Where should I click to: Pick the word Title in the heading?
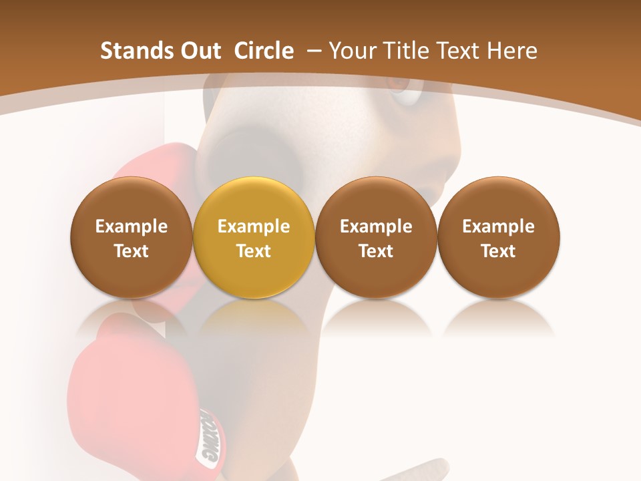405,51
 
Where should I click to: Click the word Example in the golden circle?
254,226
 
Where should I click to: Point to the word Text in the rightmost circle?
499,251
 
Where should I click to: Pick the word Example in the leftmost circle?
132,226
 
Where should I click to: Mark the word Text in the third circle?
376,251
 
